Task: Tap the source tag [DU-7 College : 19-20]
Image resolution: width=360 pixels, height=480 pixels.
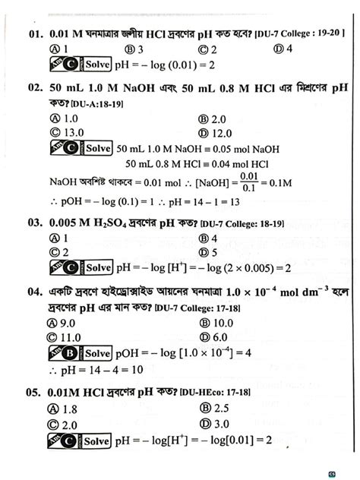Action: pyautogui.click(x=301, y=34)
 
